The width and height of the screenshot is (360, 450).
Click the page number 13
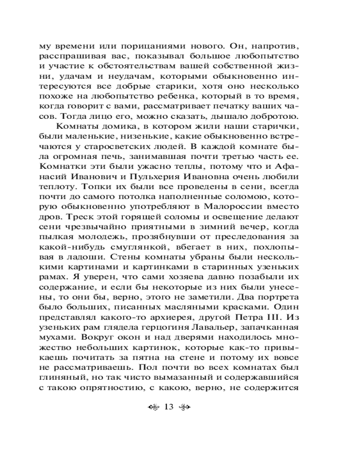coord(169,408)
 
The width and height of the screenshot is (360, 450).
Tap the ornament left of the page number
coord(153,408)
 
